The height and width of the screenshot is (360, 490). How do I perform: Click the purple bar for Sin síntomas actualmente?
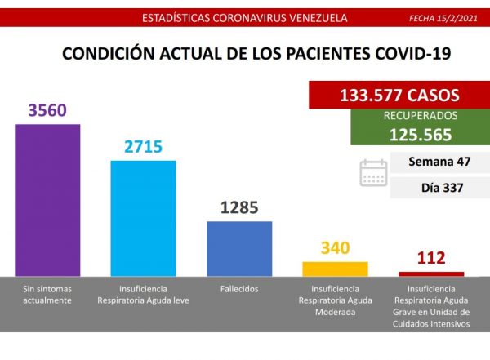click(47, 199)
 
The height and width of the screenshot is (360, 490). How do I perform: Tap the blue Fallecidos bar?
click(238, 248)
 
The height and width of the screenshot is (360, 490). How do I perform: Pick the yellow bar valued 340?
click(335, 269)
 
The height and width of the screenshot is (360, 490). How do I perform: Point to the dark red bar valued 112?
click(431, 273)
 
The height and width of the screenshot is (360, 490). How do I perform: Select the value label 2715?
click(143, 147)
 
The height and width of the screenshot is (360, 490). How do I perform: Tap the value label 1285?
click(238, 207)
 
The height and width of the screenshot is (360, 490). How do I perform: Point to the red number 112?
click(430, 259)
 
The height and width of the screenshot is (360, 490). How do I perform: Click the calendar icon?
click(374, 173)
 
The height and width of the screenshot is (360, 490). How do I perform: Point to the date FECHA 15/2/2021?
click(444, 16)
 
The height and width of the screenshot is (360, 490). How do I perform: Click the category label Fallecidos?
click(238, 290)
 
